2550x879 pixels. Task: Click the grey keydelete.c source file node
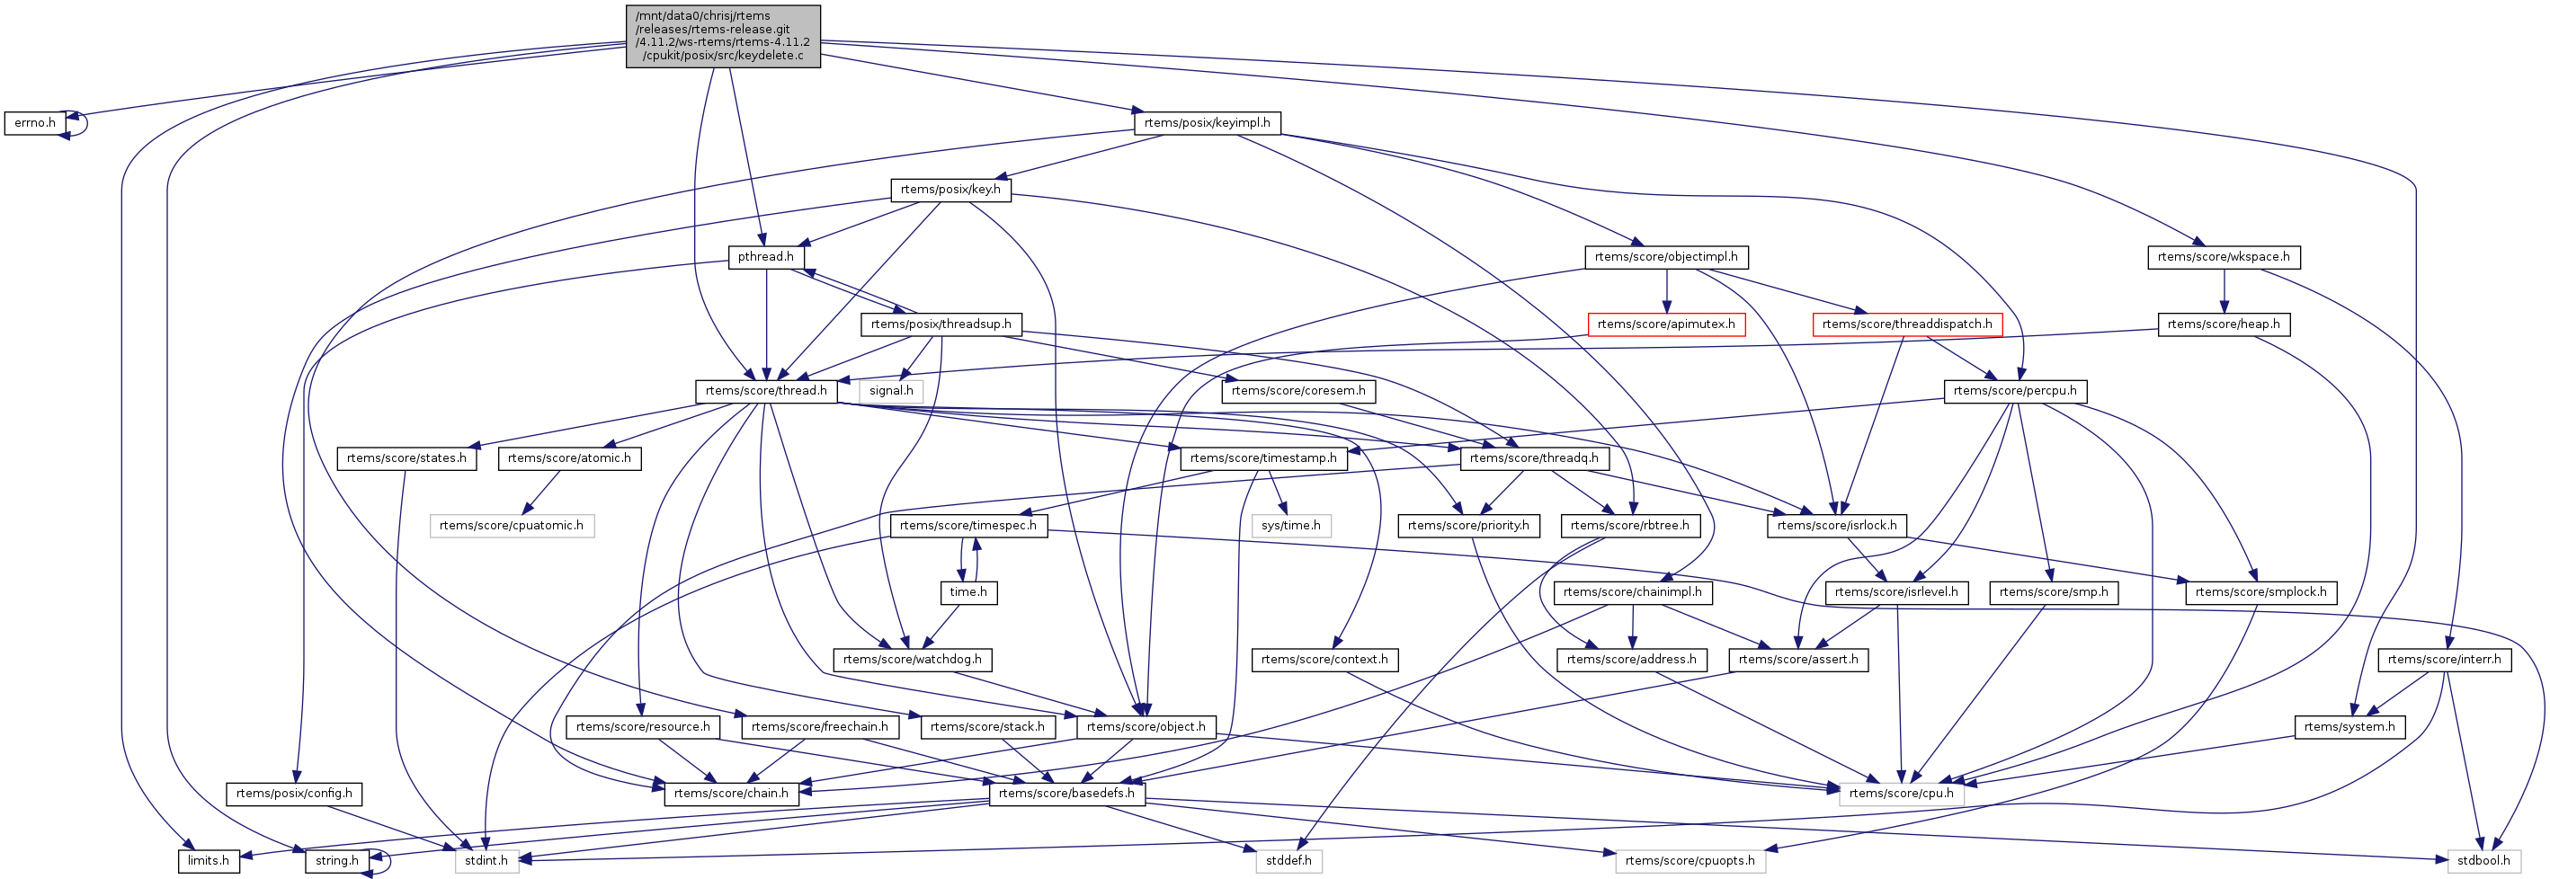[723, 36]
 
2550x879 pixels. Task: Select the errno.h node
[35, 124]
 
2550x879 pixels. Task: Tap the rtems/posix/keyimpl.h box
[1207, 124]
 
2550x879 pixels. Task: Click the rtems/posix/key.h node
[950, 190]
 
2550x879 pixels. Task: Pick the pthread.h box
[765, 257]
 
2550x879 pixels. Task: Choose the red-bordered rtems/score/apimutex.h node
[1666, 324]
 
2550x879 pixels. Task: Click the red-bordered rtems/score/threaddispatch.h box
[1906, 324]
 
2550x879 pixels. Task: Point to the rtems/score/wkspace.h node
[2224, 257]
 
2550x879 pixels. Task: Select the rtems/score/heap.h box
[2224, 324]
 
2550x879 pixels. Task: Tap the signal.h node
[891, 391]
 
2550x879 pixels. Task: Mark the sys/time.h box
[1291, 526]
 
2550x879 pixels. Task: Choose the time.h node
[968, 593]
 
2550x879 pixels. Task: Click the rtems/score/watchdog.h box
[912, 660]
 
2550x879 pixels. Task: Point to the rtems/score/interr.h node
[2444, 660]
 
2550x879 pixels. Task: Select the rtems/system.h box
[2349, 726]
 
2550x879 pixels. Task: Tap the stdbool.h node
[2483, 861]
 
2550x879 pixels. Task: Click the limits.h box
[209, 861]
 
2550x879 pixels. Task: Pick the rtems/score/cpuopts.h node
[1690, 861]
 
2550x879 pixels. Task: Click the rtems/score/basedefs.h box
[1067, 794]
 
